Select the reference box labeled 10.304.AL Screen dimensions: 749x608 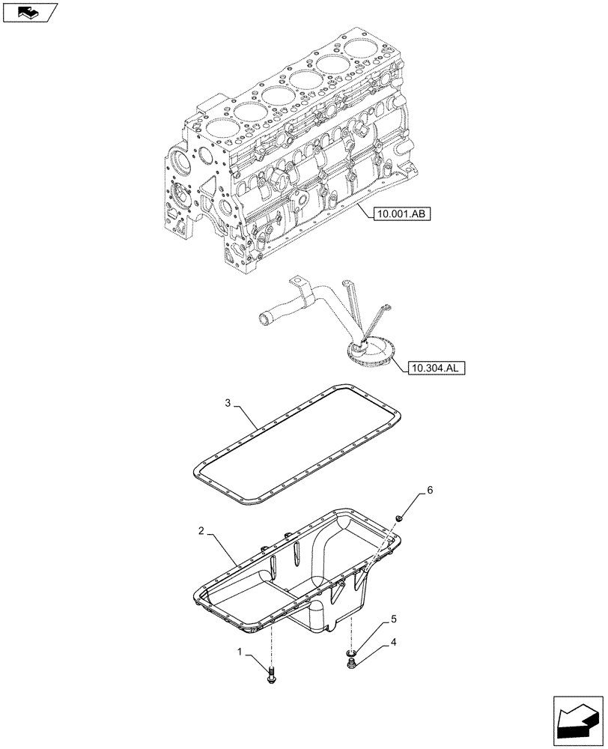pos(436,368)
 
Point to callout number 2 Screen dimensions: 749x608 pos(202,531)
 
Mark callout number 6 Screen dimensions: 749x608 pos(430,491)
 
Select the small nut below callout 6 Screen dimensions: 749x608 pos(399,517)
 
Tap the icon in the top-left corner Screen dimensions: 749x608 pos(29,12)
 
